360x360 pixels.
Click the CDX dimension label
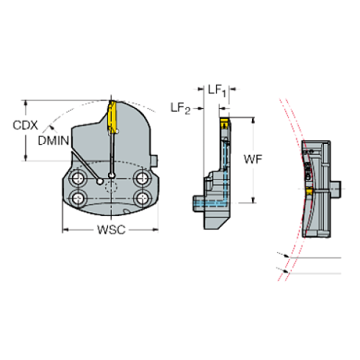coord(25,126)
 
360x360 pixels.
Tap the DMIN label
coord(54,140)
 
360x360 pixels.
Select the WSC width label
coord(112,230)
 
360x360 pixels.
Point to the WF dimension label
coord(253,159)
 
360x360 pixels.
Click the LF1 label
coord(217,90)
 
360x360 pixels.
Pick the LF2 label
coord(181,108)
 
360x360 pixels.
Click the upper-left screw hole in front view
coord(78,178)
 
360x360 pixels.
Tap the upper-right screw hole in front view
coord(142,178)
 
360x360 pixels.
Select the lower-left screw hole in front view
coord(78,198)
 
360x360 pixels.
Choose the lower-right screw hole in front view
coord(142,198)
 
